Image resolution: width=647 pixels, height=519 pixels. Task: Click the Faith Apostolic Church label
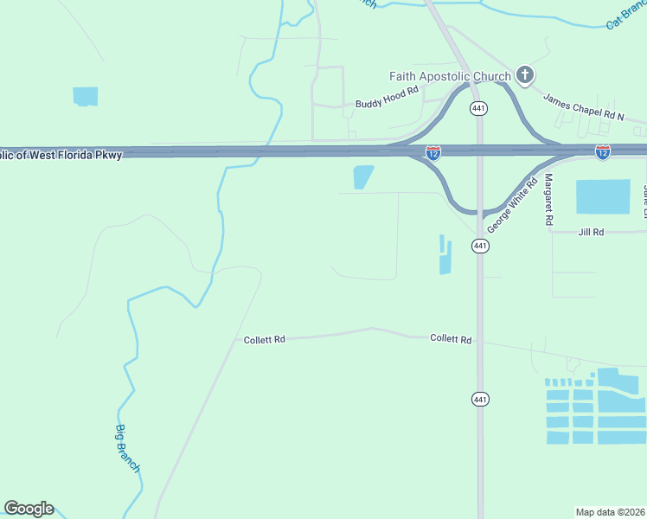pos(450,77)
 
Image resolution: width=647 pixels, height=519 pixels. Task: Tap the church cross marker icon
pos(524,75)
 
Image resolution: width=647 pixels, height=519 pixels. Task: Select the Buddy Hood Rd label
pos(387,104)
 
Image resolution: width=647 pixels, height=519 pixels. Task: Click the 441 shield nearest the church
pos(478,108)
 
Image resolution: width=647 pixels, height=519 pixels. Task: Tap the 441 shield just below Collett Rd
pos(480,399)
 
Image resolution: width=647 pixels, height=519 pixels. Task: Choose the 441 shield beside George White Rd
pos(480,247)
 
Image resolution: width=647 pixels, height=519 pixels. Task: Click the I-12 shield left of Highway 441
pos(433,153)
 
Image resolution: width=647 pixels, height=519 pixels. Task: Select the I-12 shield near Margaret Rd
pos(603,152)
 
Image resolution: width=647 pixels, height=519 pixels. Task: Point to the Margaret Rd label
pos(548,200)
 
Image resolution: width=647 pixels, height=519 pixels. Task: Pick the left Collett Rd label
pos(264,340)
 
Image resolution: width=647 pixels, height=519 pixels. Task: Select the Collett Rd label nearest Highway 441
pos(451,339)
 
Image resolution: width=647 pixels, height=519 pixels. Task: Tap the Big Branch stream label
pos(128,447)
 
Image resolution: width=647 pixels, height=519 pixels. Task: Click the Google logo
pos(29,509)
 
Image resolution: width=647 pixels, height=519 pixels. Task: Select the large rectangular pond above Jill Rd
pos(603,196)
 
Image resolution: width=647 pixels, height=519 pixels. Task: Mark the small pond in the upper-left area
pos(86,96)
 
